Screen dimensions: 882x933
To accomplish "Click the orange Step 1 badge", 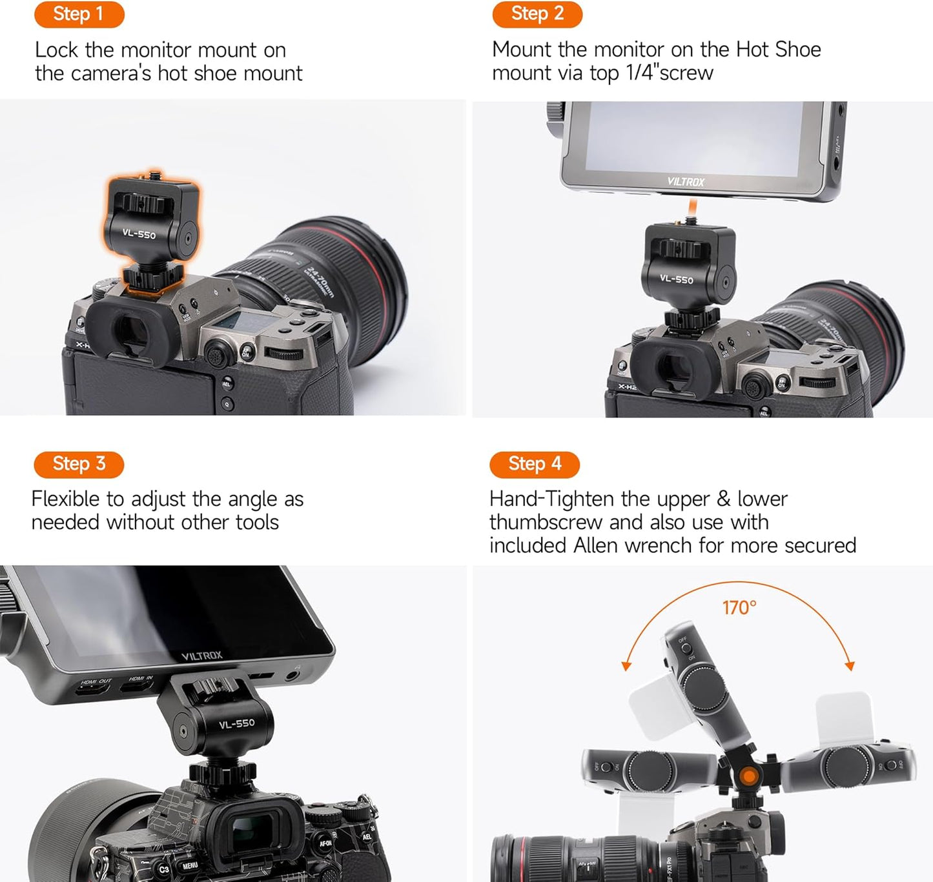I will click(79, 14).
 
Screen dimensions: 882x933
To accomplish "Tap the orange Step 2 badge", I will click(537, 14).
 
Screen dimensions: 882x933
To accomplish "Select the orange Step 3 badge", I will click(79, 464).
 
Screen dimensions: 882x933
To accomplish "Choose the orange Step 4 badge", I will click(535, 464).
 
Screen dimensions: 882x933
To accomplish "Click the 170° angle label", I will click(739, 608).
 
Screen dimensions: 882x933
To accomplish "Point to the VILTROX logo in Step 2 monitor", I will click(685, 182).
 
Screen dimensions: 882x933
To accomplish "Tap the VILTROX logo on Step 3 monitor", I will click(201, 656).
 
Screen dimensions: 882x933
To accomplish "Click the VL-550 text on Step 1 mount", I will click(139, 234).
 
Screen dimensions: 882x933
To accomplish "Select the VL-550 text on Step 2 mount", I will click(676, 279).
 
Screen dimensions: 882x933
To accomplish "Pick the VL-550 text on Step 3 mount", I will click(237, 724).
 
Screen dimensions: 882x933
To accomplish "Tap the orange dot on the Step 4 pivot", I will click(749, 776).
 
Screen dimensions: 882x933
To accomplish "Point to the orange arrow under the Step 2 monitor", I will click(692, 208).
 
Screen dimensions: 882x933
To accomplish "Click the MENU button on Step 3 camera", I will click(190, 866).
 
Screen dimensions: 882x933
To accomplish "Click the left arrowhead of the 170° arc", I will click(625, 667).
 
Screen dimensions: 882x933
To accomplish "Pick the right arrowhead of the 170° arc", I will click(850, 666).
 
